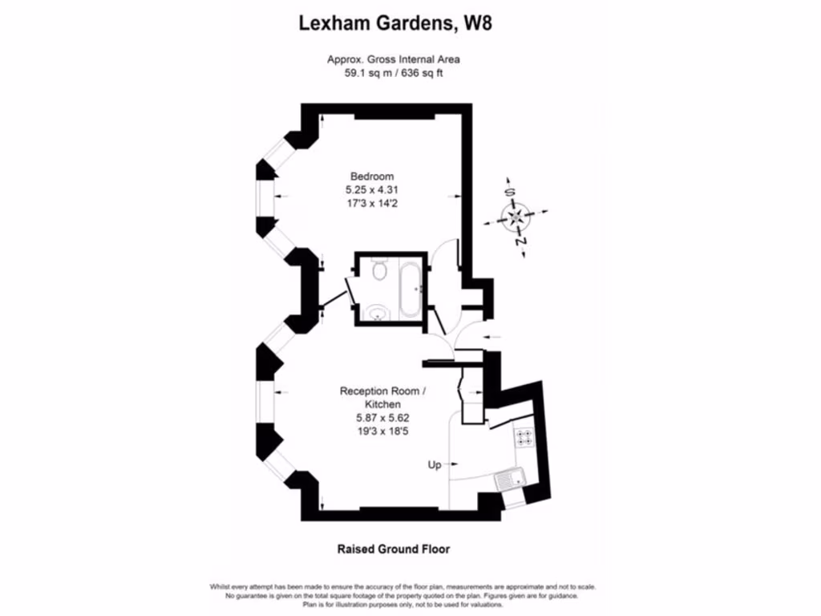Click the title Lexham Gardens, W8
(x=395, y=23)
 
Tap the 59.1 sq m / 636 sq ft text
(x=393, y=73)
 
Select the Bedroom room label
(x=371, y=176)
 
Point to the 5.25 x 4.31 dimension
(x=371, y=190)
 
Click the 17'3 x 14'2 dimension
(x=371, y=204)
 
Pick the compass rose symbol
(x=516, y=216)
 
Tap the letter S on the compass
(x=508, y=192)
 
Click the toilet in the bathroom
(x=378, y=272)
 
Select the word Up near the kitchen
(x=434, y=464)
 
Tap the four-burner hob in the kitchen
(x=525, y=437)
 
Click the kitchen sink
(x=508, y=480)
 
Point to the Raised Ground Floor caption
(x=392, y=549)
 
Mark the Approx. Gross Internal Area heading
(x=393, y=59)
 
